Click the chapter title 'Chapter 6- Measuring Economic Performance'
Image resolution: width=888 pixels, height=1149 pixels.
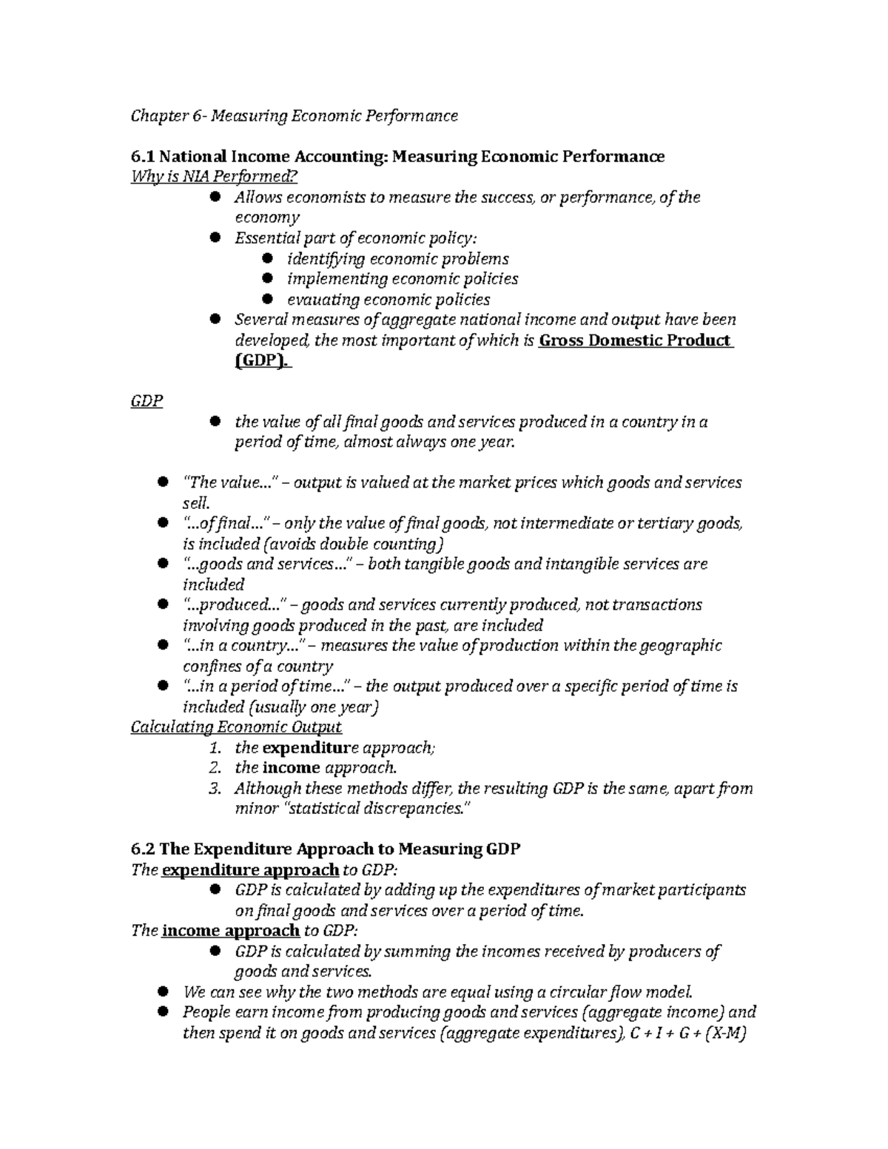coord(294,116)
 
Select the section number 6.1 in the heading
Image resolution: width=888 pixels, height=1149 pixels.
coord(143,157)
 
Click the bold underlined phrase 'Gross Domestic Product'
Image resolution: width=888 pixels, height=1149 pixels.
coord(636,341)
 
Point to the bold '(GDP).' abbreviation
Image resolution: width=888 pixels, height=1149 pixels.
coord(263,362)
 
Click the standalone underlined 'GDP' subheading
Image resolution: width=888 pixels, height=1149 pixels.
coord(147,402)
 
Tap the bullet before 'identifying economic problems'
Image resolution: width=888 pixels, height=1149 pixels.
coord(269,258)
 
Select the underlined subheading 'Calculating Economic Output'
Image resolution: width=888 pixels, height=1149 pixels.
coord(236,727)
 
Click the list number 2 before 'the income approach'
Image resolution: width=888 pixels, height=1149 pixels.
coord(215,768)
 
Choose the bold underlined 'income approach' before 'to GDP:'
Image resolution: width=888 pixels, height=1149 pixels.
coord(230,931)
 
